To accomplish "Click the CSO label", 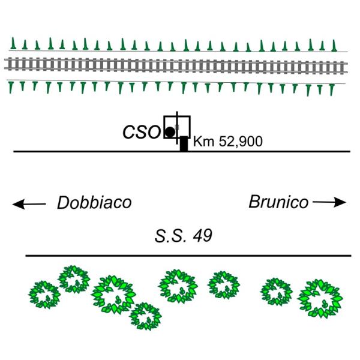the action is coord(141,132).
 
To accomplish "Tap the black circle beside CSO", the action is coord(170,131).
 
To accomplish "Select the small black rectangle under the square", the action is coord(184,144).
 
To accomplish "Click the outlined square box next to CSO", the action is coord(178,126).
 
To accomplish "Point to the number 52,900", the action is coord(237,143).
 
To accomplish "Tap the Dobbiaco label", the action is coord(94,203).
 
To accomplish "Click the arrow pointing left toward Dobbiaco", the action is coord(29,205).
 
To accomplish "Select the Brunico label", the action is coord(278,202).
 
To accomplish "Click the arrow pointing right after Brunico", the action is coord(329,203).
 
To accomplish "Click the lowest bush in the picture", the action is coord(145,315).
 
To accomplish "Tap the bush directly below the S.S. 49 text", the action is coord(178,286).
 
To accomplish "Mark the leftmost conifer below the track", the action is coord(11,87).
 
